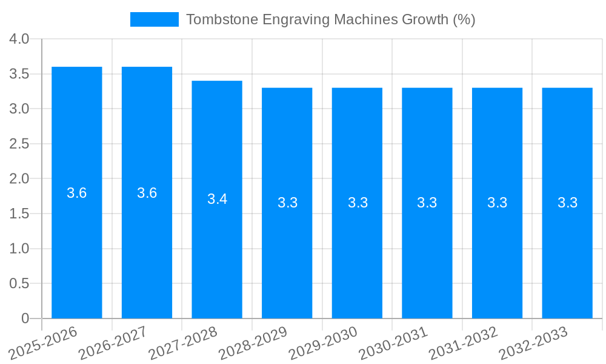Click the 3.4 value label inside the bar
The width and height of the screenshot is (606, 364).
tap(217, 199)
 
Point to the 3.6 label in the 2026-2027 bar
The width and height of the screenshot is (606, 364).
tap(147, 193)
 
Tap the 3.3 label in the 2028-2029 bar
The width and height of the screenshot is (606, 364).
tap(287, 203)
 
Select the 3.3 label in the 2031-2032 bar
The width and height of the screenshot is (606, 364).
tap(497, 203)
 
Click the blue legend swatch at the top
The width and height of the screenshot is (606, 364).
tap(155, 19)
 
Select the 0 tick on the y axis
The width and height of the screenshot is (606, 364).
tap(25, 318)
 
